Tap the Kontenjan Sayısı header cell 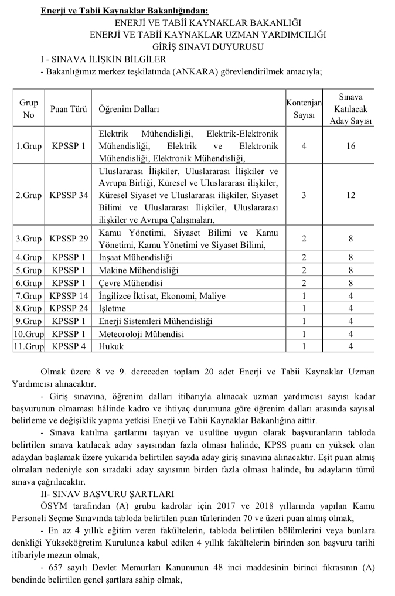coord(304,109)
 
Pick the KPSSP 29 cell coord(69,239)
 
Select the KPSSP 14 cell coord(69,297)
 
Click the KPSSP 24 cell coord(69,309)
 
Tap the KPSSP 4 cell coord(69,346)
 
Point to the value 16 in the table coord(350,145)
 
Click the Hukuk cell coord(111,346)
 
